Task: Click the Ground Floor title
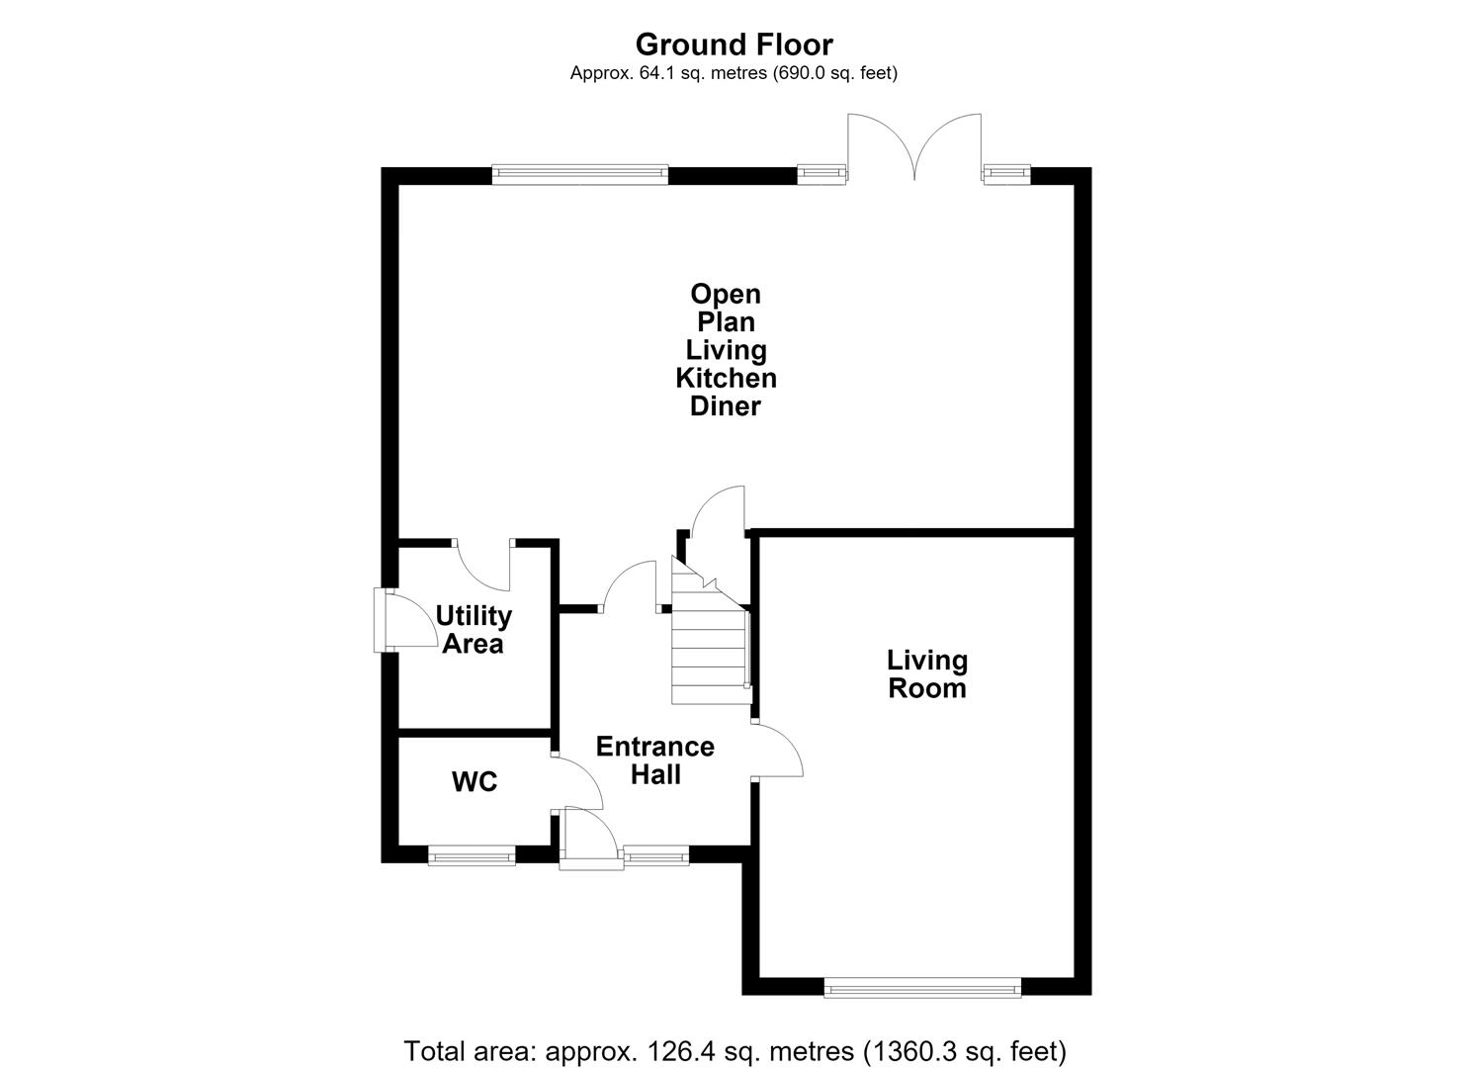coord(734,45)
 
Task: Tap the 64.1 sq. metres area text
coord(734,73)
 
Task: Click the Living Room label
coord(926,674)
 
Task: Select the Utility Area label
coord(474,629)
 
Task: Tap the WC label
coord(475,781)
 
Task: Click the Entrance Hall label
coord(655,760)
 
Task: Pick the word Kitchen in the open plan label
coord(727,379)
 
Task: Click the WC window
coord(472,855)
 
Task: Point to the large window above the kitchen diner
coord(580,174)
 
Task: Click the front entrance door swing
coord(590,838)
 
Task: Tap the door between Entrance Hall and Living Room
coord(777,751)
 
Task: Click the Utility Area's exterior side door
coord(405,621)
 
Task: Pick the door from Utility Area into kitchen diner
coord(481,565)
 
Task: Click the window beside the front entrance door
coord(656,855)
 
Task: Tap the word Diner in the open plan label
coord(726,406)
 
